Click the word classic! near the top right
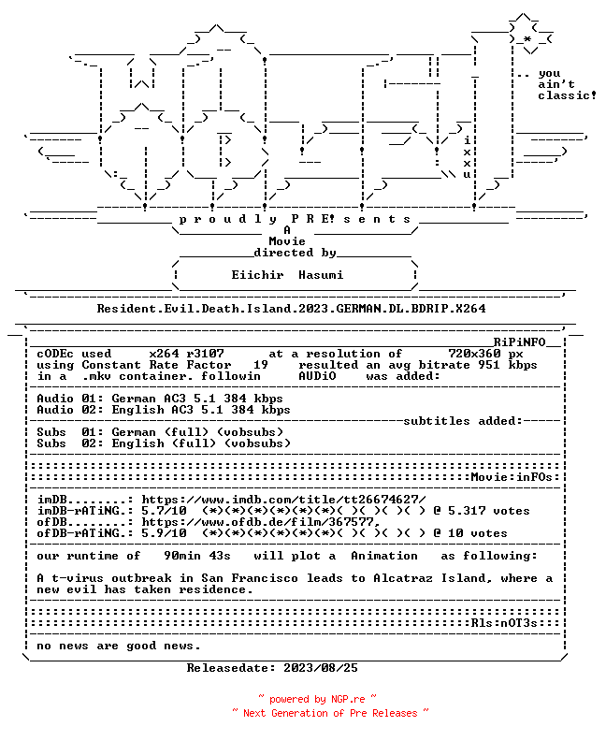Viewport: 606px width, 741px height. click(x=567, y=95)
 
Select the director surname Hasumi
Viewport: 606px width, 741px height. click(x=321, y=275)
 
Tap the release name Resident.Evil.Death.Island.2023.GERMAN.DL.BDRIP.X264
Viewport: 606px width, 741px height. click(x=292, y=309)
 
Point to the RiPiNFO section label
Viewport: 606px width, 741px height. click(x=520, y=342)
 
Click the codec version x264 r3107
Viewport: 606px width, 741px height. click(x=187, y=354)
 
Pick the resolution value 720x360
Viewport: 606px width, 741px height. click(x=474, y=354)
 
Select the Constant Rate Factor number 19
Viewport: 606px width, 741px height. click(x=261, y=365)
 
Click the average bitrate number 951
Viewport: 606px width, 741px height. click(x=489, y=365)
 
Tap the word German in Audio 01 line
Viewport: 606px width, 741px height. click(x=134, y=399)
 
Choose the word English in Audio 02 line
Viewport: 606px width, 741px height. click(x=137, y=410)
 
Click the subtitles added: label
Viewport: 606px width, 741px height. click(x=463, y=421)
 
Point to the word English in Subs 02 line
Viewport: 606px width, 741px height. click(x=137, y=443)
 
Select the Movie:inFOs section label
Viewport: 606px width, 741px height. click(x=512, y=477)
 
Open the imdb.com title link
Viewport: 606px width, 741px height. click(x=283, y=500)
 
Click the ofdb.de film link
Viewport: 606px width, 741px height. click(x=261, y=522)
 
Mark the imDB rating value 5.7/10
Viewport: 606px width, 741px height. click(x=164, y=511)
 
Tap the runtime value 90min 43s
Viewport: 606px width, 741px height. click(x=197, y=556)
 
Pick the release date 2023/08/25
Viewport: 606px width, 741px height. click(x=321, y=668)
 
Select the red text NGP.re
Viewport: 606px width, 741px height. click(x=348, y=700)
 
